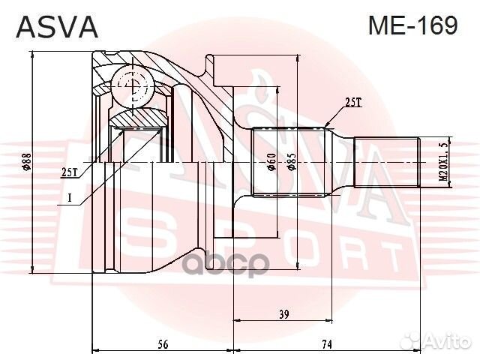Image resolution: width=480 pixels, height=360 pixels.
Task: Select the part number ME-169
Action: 412,25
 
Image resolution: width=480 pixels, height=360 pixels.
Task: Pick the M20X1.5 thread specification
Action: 443,163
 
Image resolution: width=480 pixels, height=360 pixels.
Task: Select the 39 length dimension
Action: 283,315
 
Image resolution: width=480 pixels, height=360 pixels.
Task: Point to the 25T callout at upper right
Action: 353,103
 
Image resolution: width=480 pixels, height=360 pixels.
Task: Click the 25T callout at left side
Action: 70,172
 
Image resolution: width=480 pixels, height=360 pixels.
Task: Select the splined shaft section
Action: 292,163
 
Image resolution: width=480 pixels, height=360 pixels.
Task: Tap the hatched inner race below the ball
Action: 139,118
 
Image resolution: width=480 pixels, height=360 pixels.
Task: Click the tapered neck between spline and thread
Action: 343,163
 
